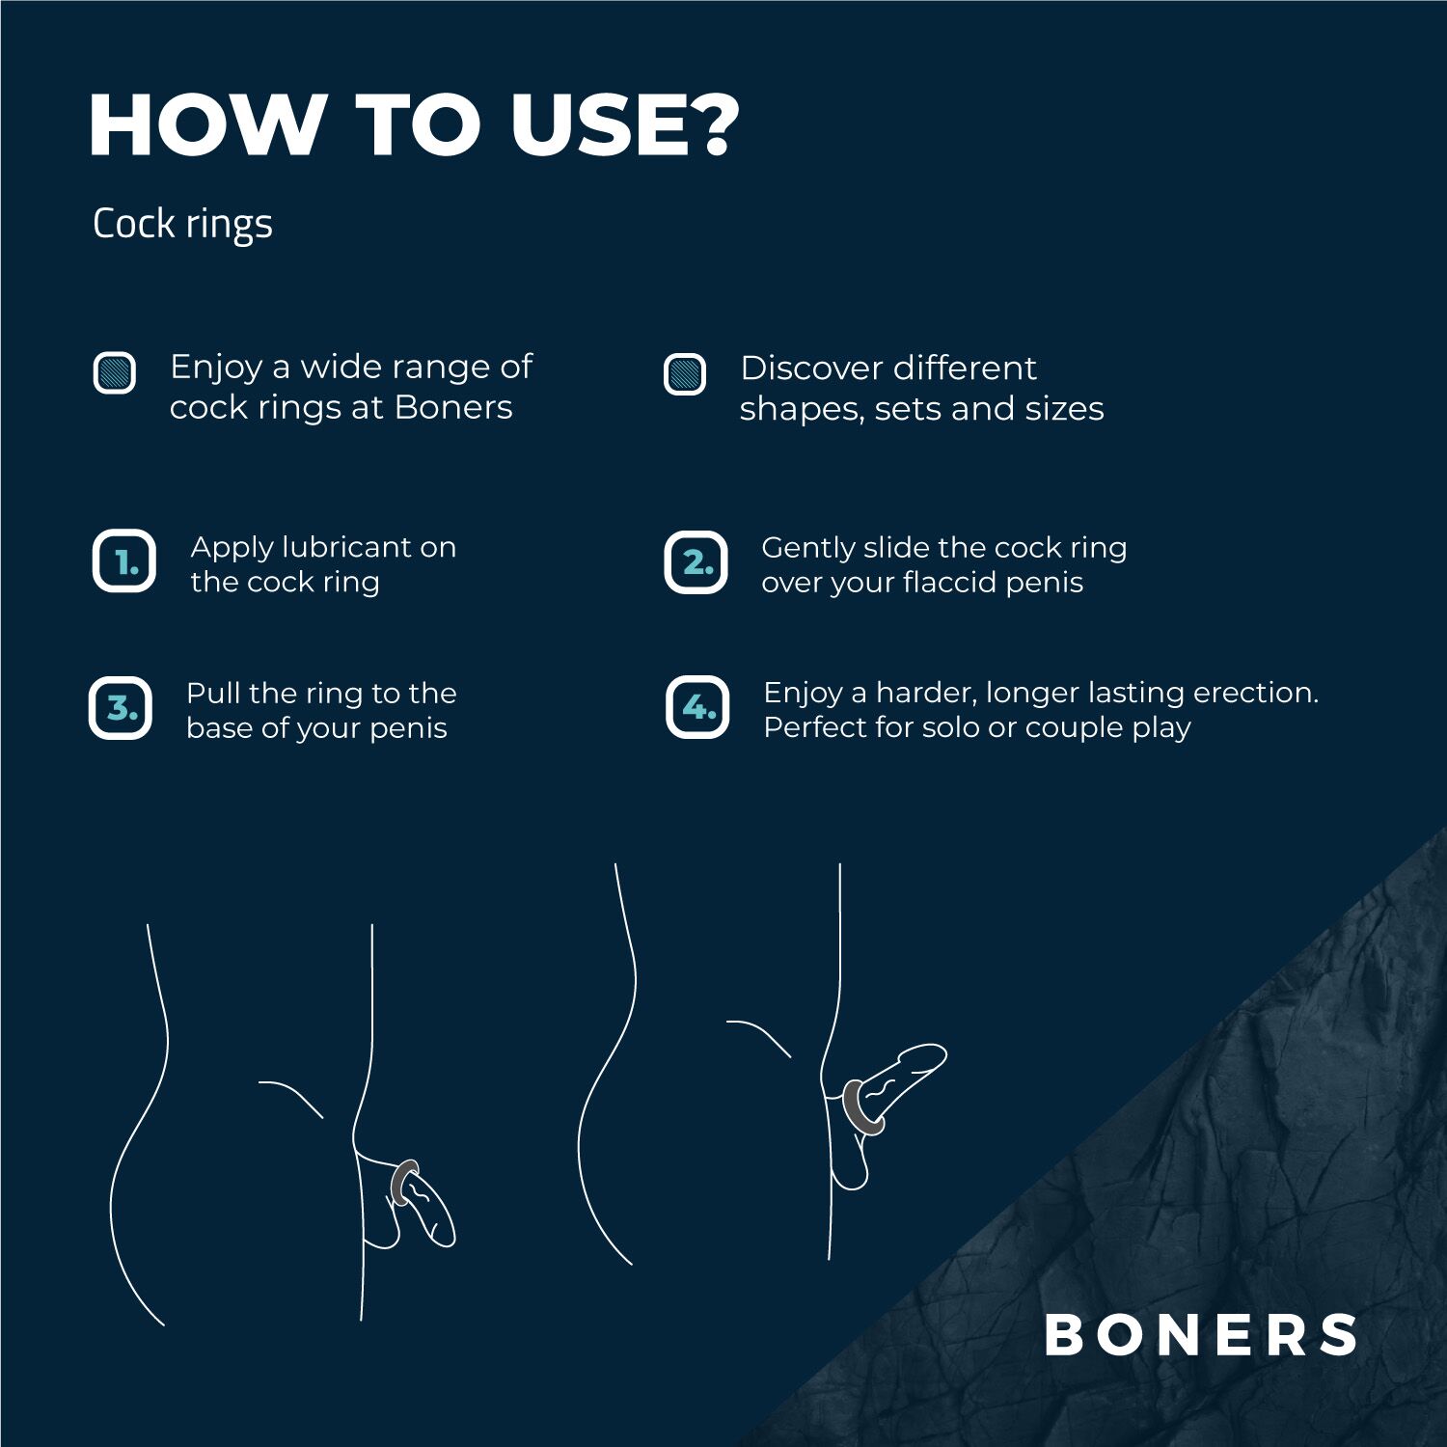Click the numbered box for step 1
(x=124, y=561)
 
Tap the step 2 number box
(x=696, y=562)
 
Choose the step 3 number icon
(x=121, y=708)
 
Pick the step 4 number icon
(x=697, y=707)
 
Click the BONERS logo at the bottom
(x=1201, y=1335)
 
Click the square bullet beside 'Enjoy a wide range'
(x=115, y=372)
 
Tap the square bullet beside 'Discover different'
(x=685, y=374)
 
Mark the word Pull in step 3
(x=212, y=693)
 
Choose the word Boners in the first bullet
(x=453, y=407)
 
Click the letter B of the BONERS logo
(x=1065, y=1335)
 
